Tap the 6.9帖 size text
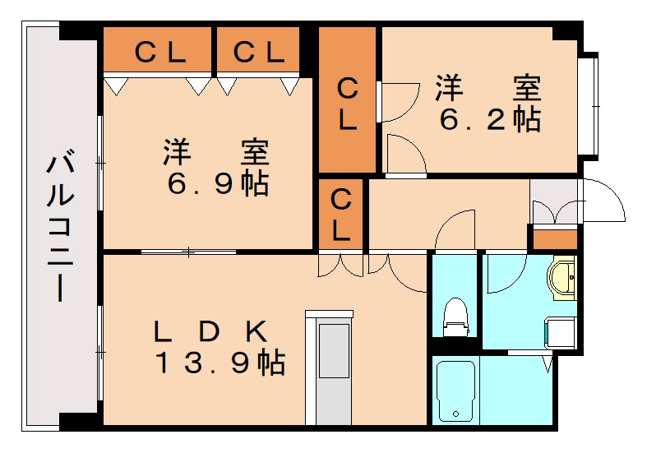pos(218,183)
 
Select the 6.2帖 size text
pos(490,120)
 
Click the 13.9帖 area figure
pos(220,362)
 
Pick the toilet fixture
pos(455,317)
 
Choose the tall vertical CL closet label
pos(348,104)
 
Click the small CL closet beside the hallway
pos(341,214)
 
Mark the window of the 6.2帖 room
pos(589,104)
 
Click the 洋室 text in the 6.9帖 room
pos(216,153)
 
